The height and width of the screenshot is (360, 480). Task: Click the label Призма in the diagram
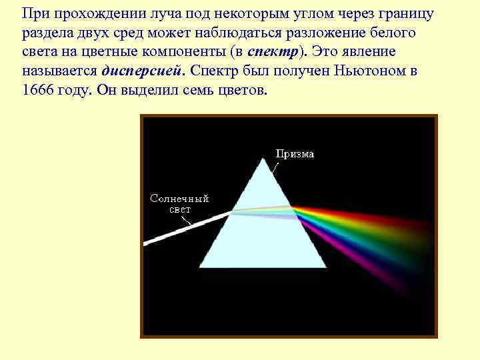(295, 154)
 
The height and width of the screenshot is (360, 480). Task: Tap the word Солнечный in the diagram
(179, 199)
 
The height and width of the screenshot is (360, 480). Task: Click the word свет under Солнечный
(179, 209)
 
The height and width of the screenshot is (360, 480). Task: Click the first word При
(34, 13)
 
